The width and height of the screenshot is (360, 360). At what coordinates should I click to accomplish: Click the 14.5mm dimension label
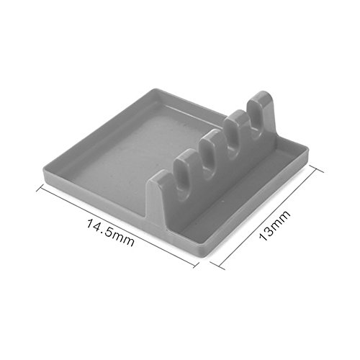tap(109, 233)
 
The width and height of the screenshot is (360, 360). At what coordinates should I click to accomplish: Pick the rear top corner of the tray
tap(153, 89)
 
